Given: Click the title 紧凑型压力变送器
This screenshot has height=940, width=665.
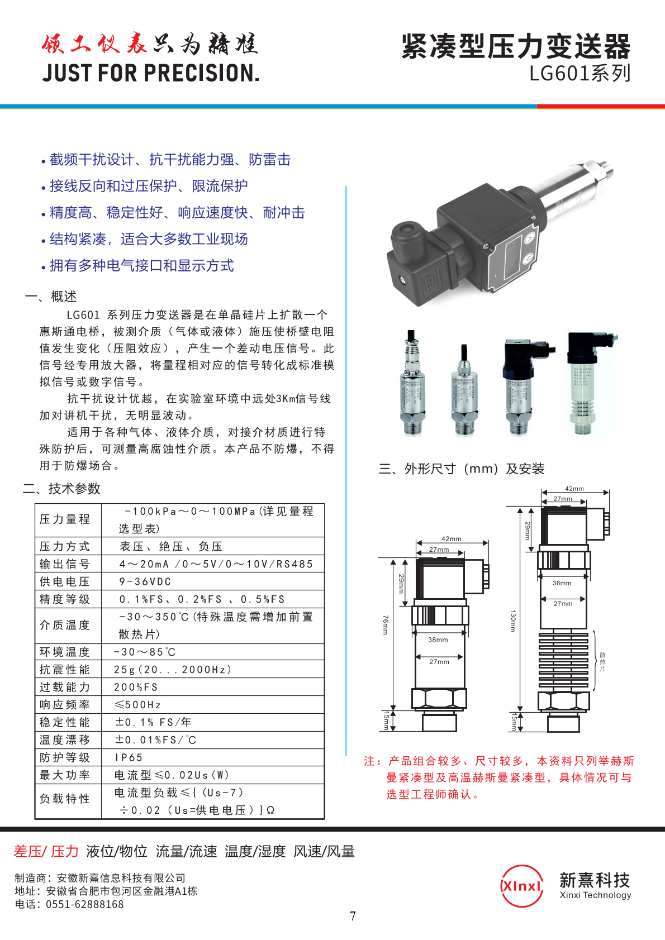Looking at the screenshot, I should point(516,46).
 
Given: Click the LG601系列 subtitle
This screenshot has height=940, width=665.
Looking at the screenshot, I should point(579,73).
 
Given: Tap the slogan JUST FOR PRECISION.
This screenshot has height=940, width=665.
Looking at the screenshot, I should point(151,73).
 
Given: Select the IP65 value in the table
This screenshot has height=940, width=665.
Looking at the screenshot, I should point(129,757).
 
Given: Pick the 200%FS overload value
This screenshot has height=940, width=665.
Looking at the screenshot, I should point(136,687).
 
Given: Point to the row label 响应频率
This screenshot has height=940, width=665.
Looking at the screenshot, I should point(65,705).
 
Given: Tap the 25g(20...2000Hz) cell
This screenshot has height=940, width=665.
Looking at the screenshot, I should point(172,669).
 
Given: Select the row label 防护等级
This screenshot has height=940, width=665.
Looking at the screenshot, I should point(65,757).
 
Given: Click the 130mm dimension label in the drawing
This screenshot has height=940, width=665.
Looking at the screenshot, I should point(513,621).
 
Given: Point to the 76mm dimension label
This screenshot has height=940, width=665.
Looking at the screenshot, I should point(385,625).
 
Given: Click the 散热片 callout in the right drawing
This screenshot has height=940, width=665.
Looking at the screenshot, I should point(602,661).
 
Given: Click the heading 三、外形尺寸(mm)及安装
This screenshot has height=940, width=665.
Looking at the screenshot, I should point(462,469).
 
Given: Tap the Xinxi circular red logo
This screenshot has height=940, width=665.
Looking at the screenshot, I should point(521,886).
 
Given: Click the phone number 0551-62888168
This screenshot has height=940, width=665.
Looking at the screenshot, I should point(84,904).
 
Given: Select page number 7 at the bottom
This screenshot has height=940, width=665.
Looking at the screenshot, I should point(353,916).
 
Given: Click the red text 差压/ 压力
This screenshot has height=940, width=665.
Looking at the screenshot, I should point(46,851).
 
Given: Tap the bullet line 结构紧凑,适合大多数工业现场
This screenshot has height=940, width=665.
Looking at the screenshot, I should point(148,239).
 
